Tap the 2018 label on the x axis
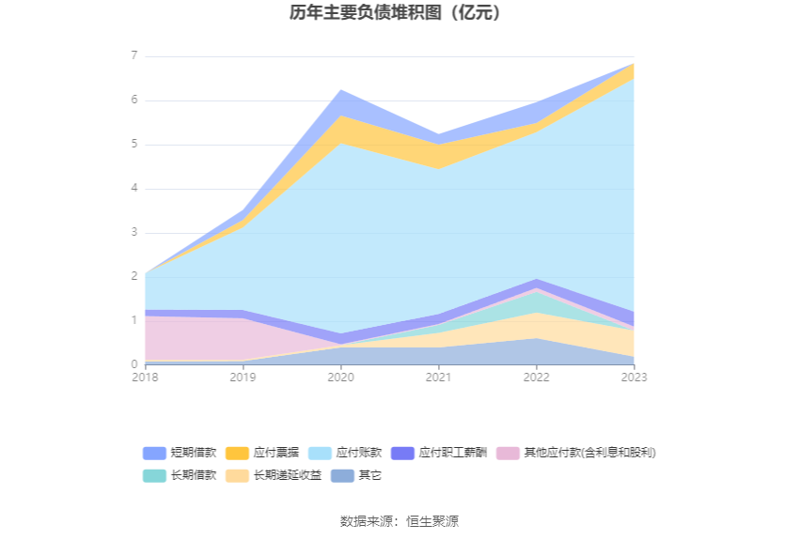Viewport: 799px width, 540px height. pyautogui.click(x=145, y=377)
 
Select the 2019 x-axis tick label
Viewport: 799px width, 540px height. pyautogui.click(x=243, y=377)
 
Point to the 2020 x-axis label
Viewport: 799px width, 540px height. pyautogui.click(x=340, y=377)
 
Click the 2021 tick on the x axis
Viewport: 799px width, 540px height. pyautogui.click(x=438, y=377)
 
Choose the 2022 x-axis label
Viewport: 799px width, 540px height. pyautogui.click(x=536, y=377)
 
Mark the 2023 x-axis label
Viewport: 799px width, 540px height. pyautogui.click(x=634, y=377)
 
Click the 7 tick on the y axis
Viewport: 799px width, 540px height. pyautogui.click(x=134, y=56)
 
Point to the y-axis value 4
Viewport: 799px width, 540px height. pyautogui.click(x=134, y=189)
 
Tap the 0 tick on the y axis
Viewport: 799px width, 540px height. pyautogui.click(x=134, y=364)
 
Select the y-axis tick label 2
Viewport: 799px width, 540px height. pyautogui.click(x=134, y=277)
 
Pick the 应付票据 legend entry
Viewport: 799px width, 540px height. pyautogui.click(x=262, y=453)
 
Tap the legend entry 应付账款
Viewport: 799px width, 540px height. pyautogui.click(x=345, y=453)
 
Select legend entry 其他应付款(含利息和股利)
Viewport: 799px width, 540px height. pyautogui.click(x=576, y=453)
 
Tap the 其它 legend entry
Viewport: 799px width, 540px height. pyautogui.click(x=356, y=475)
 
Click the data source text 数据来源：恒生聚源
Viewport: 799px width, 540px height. pyautogui.click(x=399, y=521)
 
